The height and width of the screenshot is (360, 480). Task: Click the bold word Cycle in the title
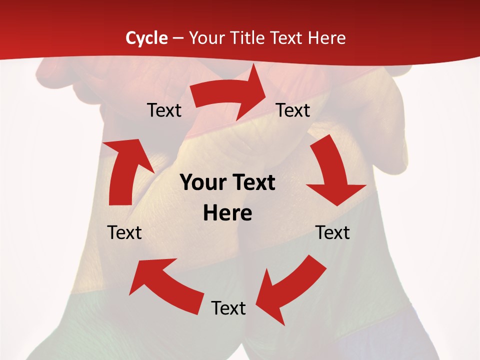[146, 38]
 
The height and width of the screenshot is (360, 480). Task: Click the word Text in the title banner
[287, 38]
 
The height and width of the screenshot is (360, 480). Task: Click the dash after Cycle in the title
[177, 38]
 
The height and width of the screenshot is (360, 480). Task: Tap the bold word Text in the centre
[252, 183]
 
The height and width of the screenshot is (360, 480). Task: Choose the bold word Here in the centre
[227, 213]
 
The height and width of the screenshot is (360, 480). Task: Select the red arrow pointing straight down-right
[332, 172]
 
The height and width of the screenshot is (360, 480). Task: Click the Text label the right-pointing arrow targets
[293, 110]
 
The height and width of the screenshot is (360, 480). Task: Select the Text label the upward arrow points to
[164, 110]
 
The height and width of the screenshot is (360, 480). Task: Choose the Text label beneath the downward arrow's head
[332, 232]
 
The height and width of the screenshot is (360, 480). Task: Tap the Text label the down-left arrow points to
[228, 308]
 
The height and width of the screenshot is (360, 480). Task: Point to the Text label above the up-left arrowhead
[124, 232]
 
